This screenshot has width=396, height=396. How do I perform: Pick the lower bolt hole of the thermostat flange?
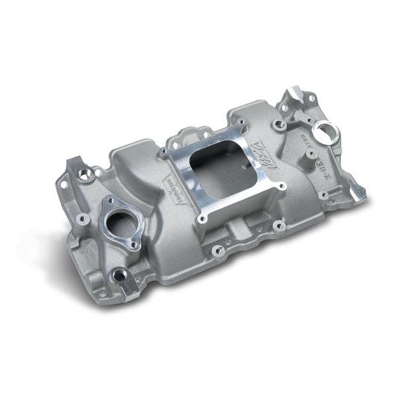click(x=135, y=245)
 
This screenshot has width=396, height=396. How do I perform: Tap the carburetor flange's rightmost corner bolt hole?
click(x=282, y=186)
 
